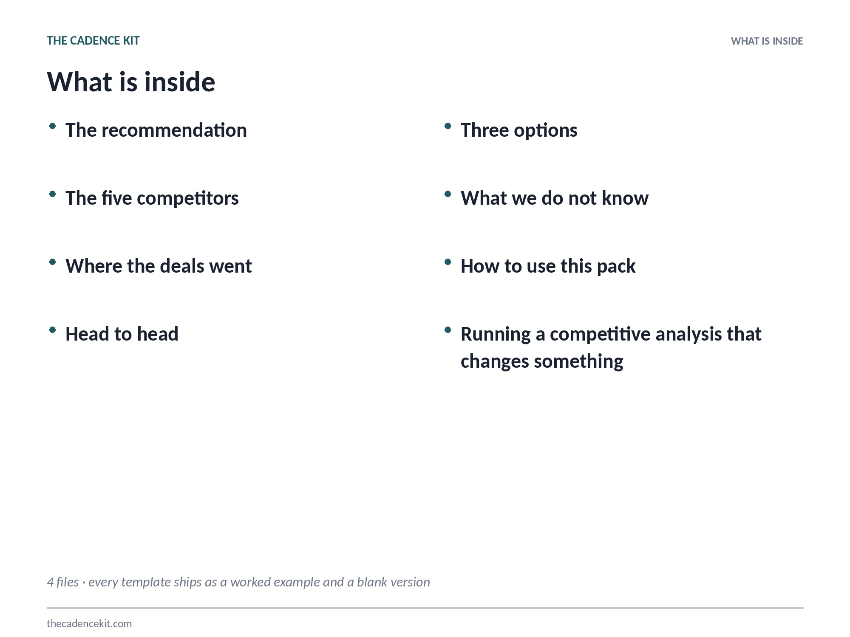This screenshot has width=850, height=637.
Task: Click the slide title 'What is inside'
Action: (131, 82)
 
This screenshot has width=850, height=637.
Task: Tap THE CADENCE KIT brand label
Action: (93, 41)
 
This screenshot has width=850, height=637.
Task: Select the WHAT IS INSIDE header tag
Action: (767, 41)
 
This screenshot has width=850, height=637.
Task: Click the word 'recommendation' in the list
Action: (174, 130)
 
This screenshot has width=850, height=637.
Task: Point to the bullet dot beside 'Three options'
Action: (448, 126)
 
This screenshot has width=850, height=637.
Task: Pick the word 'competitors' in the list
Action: (188, 199)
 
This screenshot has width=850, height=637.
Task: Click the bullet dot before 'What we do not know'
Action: (448, 194)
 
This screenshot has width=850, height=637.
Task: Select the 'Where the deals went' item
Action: (159, 266)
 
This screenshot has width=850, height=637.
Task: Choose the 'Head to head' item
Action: (122, 334)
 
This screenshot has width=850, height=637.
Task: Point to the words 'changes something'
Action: (542, 362)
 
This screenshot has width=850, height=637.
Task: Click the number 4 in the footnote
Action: (50, 582)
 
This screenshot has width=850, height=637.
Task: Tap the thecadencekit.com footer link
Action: (89, 623)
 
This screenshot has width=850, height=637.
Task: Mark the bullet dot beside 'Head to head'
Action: (52, 330)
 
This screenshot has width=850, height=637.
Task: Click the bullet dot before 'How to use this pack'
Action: (448, 262)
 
